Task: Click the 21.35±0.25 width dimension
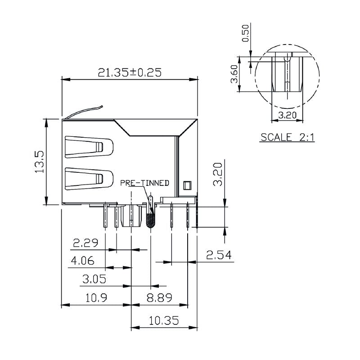pos(130,72)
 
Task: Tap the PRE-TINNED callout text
pos(144,183)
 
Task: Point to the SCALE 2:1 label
pos(288,137)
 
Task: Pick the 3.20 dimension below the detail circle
pos(287,115)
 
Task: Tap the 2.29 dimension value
pos(86,243)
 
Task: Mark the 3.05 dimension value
pos(94,279)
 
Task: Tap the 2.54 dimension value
pos(219,256)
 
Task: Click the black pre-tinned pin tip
pos(151,220)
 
